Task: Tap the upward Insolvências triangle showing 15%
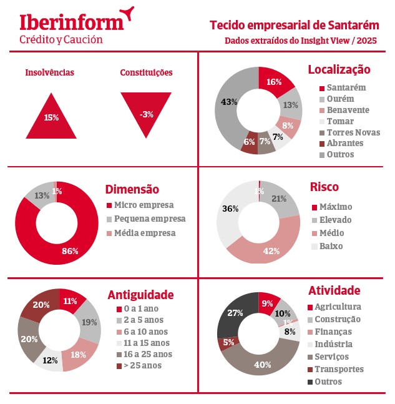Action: pos(51,117)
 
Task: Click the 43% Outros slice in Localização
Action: pos(228,102)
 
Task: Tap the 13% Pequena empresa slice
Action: pos(42,196)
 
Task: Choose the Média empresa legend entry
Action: pos(144,233)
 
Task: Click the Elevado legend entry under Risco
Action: pos(335,220)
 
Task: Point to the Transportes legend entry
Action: pos(338,369)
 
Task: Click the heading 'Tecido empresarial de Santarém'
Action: pos(295,25)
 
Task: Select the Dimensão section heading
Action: pos(132,189)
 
